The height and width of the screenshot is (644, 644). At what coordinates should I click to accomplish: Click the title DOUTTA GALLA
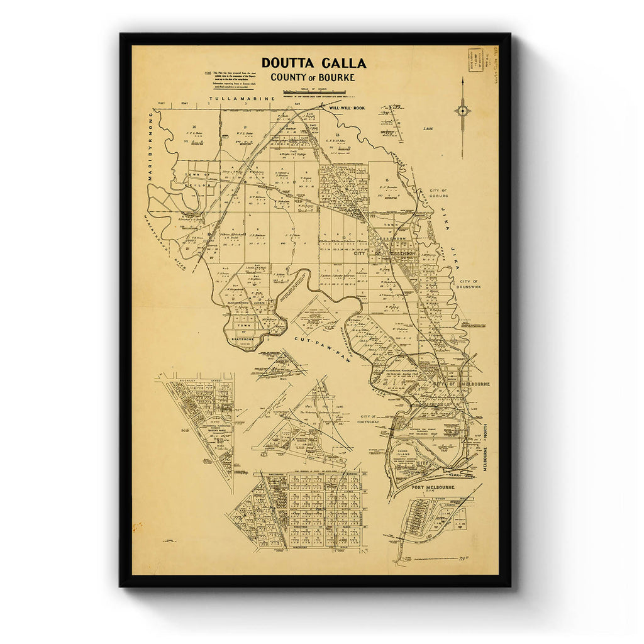[314, 63]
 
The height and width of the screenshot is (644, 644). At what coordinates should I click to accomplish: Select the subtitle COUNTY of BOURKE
[313, 77]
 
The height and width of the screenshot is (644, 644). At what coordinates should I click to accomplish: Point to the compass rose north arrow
[462, 111]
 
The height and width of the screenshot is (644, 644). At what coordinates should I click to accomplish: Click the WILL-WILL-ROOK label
[343, 108]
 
